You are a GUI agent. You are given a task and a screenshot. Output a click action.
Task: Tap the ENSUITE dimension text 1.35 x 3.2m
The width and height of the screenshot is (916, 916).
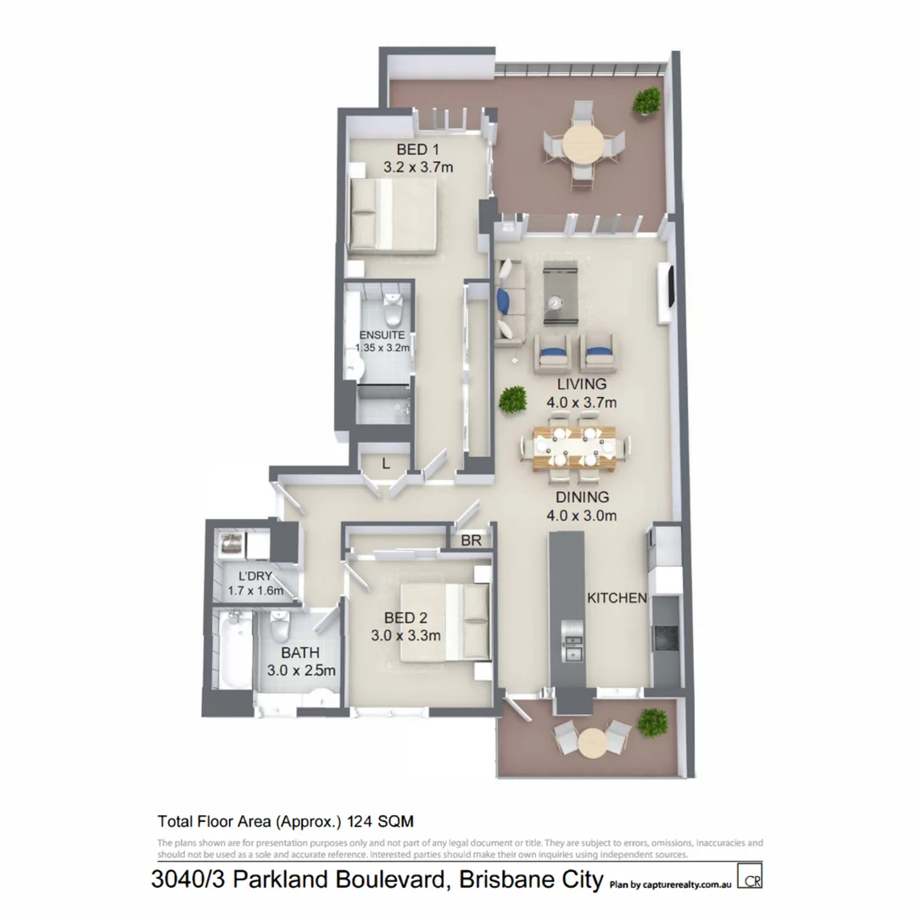(x=382, y=348)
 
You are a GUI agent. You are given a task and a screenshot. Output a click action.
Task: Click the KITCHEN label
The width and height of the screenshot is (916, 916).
(x=617, y=598)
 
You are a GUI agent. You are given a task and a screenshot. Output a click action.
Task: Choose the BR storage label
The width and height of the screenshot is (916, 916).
(x=471, y=539)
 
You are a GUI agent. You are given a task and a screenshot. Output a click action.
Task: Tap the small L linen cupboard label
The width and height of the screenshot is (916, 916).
(x=385, y=463)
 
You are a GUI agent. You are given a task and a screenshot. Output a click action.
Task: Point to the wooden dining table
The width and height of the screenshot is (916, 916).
(x=581, y=447)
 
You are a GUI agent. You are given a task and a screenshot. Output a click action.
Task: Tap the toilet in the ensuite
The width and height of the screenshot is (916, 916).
(x=392, y=314)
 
